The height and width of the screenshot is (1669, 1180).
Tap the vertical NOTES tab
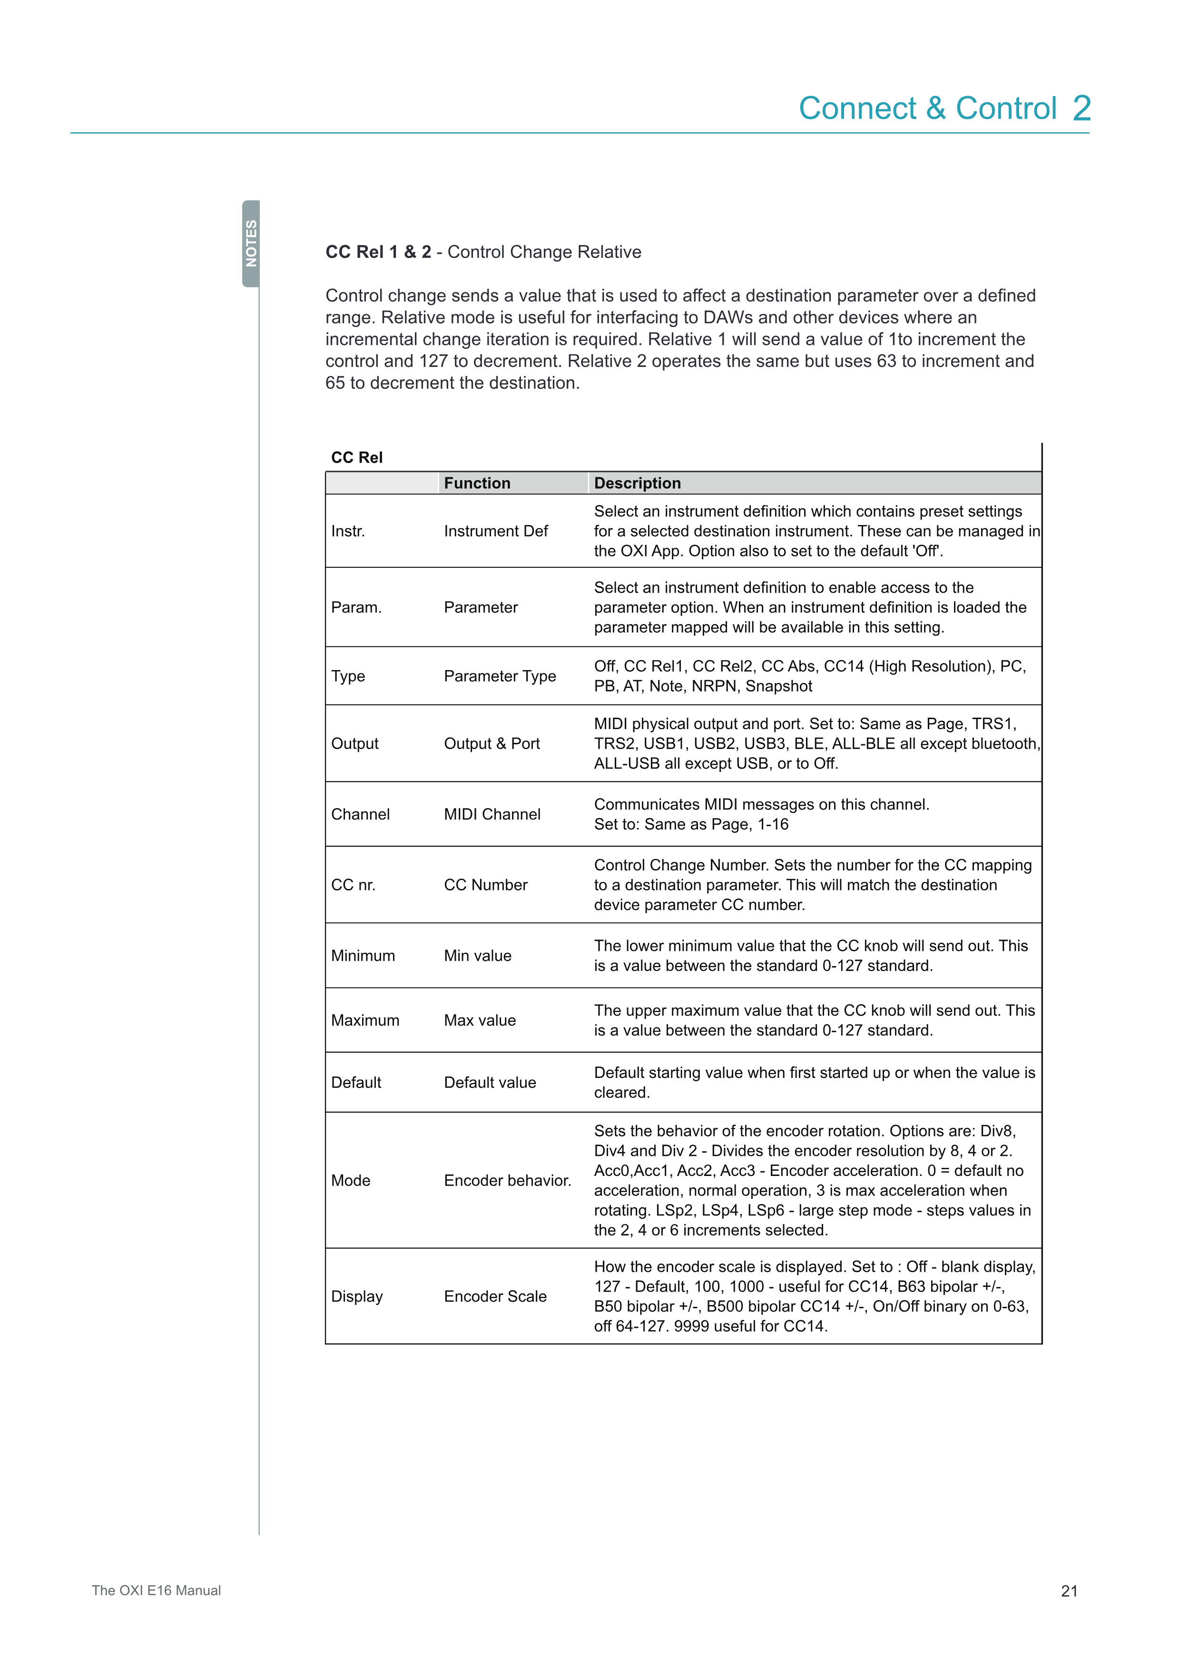[251, 244]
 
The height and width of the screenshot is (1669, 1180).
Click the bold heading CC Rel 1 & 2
[378, 252]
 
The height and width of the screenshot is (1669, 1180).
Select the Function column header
[477, 484]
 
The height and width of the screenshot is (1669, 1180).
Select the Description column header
[637, 484]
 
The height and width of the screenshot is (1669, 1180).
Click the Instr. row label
[347, 532]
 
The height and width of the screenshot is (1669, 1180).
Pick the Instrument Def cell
[495, 532]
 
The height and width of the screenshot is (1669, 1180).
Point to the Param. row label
[356, 608]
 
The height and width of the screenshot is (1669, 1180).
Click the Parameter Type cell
[500, 676]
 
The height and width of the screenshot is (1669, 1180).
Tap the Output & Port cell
[492, 744]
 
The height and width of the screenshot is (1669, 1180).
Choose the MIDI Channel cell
[492, 814]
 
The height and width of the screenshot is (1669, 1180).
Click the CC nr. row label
[353, 885]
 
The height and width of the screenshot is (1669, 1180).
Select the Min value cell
[477, 956]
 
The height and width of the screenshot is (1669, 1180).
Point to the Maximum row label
[365, 1021]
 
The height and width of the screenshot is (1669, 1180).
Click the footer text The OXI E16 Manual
[156, 1590]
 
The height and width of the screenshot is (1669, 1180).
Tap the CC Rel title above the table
[357, 457]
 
